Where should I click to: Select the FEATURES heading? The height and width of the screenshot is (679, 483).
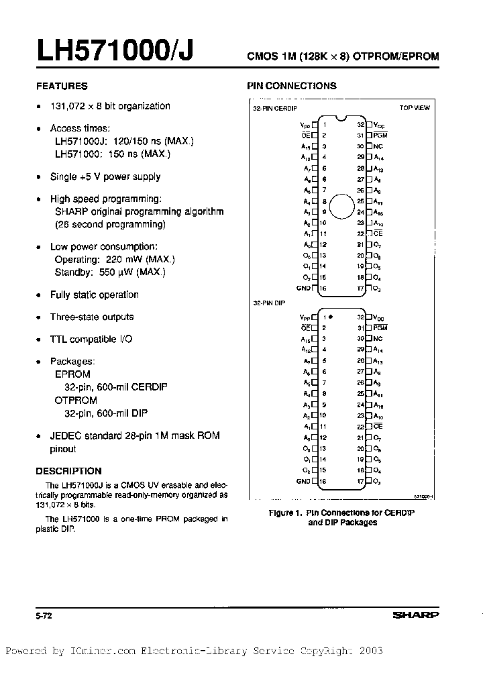[x=62, y=86]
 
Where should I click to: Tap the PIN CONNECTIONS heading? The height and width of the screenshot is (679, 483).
[x=292, y=86]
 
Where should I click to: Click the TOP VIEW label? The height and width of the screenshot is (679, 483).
[x=415, y=107]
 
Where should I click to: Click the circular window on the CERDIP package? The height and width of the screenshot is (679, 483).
[x=341, y=207]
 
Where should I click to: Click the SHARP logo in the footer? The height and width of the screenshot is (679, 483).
[x=416, y=615]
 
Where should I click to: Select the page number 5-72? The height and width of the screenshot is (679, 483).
[x=44, y=615]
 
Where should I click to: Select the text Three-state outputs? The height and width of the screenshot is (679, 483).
[x=92, y=317]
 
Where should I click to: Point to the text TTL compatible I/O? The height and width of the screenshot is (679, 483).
[x=91, y=339]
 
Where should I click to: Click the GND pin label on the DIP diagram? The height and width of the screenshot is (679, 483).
[x=303, y=482]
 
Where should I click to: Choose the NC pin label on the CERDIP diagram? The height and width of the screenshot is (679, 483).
[x=378, y=146]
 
